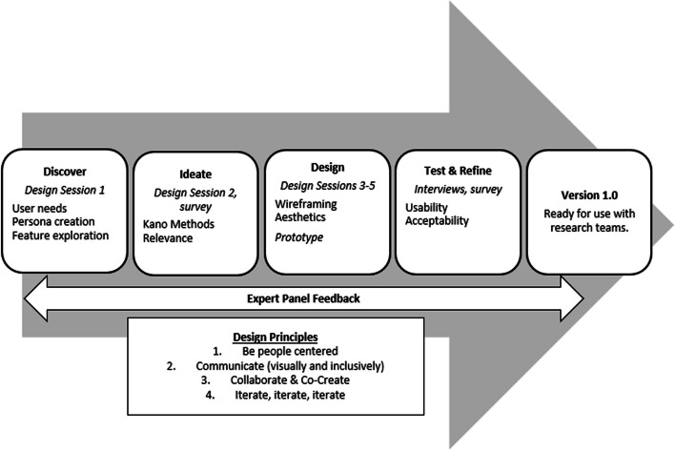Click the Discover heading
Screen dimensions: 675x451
[65, 172]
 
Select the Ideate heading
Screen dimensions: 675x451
[195, 174]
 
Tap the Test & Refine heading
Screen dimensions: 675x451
[458, 171]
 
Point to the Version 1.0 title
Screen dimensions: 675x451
[589, 195]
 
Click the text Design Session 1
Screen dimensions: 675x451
[65, 190]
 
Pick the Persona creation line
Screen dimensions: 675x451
[53, 221]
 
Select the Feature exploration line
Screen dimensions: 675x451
[60, 236]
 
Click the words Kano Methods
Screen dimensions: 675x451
[178, 224]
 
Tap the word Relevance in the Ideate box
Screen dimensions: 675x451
[168, 238]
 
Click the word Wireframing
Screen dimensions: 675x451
[306, 204]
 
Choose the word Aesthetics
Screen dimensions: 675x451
[300, 217]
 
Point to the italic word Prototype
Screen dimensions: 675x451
[299, 237]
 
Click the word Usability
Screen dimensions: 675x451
[426, 208]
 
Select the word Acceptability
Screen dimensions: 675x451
[437, 221]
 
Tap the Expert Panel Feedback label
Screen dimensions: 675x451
[303, 298]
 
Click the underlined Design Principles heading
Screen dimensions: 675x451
[276, 337]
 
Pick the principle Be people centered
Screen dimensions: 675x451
[290, 351]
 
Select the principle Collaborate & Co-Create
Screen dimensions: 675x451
[290, 380]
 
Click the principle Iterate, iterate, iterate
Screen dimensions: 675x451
[290, 395]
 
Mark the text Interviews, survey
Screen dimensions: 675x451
[458, 190]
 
